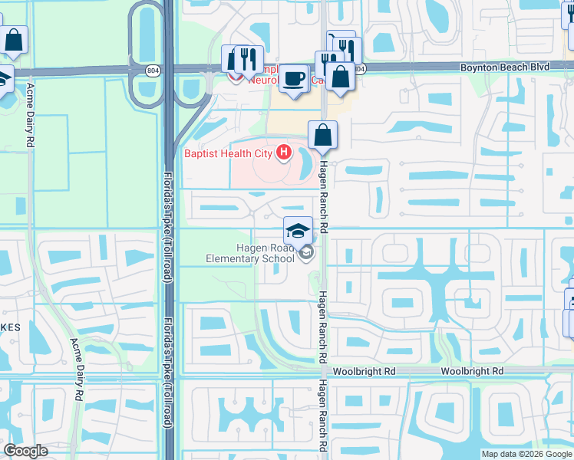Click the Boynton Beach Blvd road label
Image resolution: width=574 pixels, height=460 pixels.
(505, 67)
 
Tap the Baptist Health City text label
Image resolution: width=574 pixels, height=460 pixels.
(228, 153)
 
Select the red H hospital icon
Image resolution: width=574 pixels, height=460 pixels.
(284, 153)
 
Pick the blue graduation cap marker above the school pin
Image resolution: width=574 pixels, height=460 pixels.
(299, 229)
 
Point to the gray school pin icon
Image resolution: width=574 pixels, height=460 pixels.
(306, 252)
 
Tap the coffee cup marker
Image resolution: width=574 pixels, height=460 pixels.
(293, 80)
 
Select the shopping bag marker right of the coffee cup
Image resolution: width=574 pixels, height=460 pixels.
(341, 77)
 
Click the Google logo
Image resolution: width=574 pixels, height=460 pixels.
(26, 451)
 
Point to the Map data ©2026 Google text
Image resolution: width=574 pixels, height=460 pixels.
(526, 454)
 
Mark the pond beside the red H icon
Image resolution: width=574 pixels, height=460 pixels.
(303, 160)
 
